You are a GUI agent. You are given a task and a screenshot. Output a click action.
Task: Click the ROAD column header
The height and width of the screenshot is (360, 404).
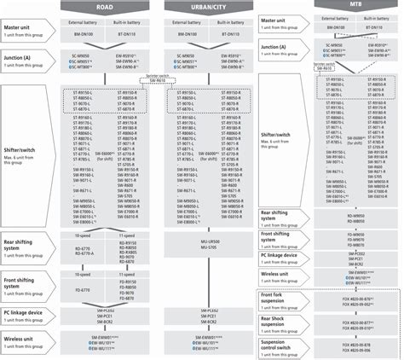(x=103, y=6)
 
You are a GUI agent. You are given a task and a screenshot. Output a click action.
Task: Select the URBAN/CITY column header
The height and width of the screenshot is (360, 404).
(x=207, y=6)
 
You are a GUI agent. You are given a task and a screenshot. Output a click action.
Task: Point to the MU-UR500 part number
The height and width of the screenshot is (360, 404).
(x=207, y=242)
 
